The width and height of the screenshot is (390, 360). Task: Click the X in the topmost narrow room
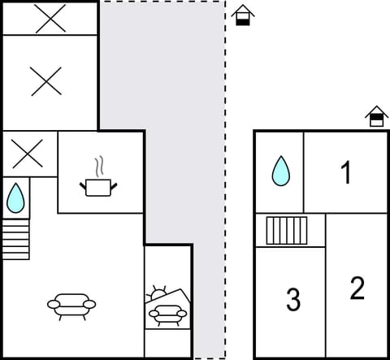50,20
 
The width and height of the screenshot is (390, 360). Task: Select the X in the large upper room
46,81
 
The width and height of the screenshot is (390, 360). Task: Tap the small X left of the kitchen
27,152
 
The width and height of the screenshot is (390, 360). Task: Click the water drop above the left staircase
15,198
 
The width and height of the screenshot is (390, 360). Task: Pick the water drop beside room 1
280,171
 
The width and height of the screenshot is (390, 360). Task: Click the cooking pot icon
98,188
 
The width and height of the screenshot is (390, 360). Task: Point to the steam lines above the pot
99,167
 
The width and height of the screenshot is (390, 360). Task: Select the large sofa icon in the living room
71,305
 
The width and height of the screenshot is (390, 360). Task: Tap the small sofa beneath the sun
167,313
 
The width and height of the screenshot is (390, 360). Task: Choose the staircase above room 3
287,230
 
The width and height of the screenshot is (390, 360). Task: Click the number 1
346,172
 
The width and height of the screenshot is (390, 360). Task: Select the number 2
357,288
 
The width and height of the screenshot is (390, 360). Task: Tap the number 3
293,300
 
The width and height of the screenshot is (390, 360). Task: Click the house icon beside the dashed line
242,15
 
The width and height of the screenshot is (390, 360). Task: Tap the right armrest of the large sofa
90,305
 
